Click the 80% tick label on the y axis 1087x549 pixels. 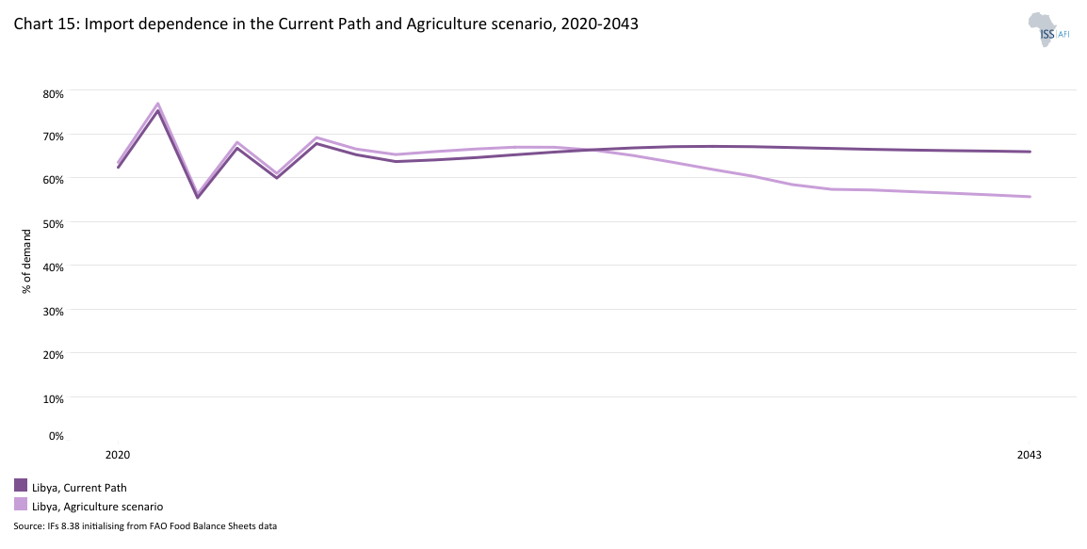point(52,93)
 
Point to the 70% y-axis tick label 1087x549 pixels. point(52,136)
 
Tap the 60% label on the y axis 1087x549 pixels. point(52,179)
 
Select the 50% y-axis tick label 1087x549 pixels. point(52,223)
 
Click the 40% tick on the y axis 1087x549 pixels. point(52,266)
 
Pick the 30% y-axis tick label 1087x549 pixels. point(52,310)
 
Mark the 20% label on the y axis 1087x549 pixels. point(52,354)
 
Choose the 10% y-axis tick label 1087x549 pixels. point(52,398)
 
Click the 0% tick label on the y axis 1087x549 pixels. point(56,436)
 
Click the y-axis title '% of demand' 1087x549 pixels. point(26,260)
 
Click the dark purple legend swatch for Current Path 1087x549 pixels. point(21,486)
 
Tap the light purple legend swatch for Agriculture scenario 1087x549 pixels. point(21,505)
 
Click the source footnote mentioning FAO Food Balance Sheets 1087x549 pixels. point(145,526)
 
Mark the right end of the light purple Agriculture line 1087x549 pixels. point(1030,197)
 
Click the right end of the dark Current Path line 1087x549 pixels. point(1030,152)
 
